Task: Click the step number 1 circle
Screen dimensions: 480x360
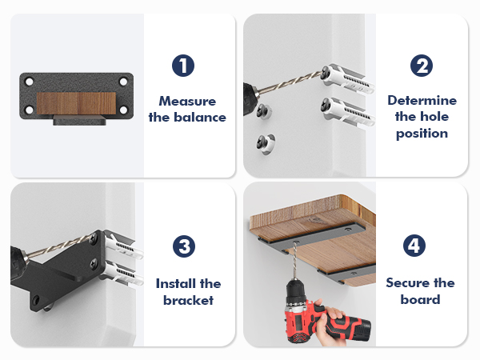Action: click(183, 66)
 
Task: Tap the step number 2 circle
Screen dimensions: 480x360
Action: click(422, 66)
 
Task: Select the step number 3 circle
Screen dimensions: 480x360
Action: click(184, 246)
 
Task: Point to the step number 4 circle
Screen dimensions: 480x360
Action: click(414, 246)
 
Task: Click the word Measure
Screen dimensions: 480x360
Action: click(187, 102)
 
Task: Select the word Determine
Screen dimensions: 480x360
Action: click(422, 101)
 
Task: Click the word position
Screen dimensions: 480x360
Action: click(422, 134)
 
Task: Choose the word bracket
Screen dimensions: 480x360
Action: click(188, 300)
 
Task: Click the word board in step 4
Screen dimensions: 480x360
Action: click(420, 299)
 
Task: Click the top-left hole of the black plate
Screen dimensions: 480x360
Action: click(30, 82)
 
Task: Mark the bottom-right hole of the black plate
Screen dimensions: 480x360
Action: click(124, 110)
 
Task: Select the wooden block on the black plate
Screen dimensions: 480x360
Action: click(76, 103)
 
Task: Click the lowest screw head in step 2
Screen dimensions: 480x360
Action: click(262, 142)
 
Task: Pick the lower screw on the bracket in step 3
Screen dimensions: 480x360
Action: click(94, 263)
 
